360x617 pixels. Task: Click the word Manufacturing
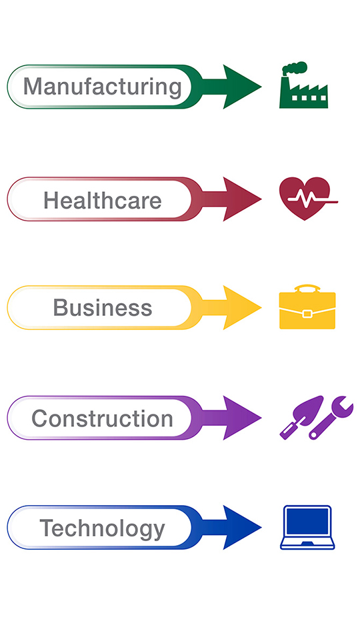tap(103, 87)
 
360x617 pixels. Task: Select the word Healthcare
tap(103, 201)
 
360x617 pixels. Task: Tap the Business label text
tap(103, 307)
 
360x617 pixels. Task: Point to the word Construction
tap(103, 418)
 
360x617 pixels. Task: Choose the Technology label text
tap(103, 529)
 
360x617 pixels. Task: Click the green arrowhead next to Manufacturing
tap(241, 87)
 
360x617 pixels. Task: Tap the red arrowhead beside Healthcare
tap(241, 199)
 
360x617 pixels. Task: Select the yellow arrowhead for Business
tap(241, 307)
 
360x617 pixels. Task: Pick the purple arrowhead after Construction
tap(241, 418)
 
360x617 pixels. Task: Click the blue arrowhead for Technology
tap(241, 527)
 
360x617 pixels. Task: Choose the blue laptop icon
tap(307, 527)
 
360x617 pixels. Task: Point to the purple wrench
tap(331, 417)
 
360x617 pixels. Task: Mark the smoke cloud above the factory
tap(295, 68)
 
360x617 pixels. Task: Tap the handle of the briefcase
tap(307, 289)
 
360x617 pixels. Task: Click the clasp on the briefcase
tap(307, 314)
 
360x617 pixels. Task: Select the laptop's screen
tap(307, 521)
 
